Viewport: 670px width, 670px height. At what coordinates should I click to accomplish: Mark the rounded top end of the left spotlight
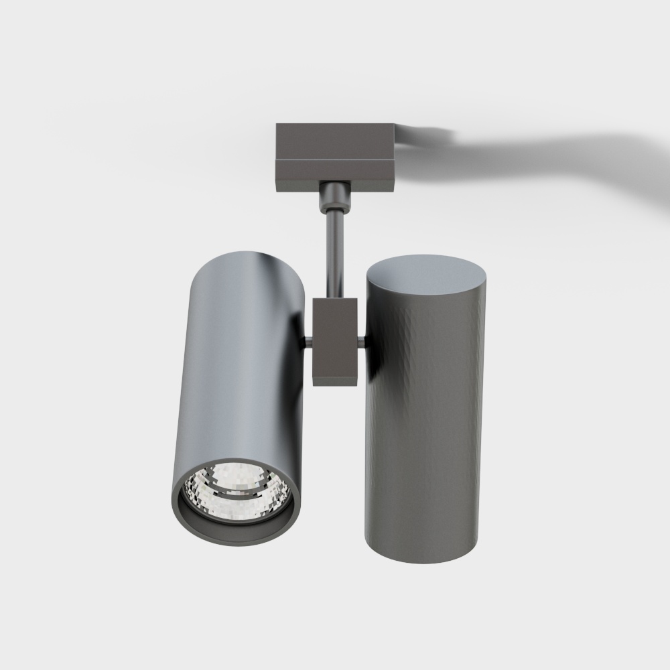click(x=248, y=259)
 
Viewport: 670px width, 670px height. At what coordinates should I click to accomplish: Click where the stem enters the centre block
click(x=333, y=298)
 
